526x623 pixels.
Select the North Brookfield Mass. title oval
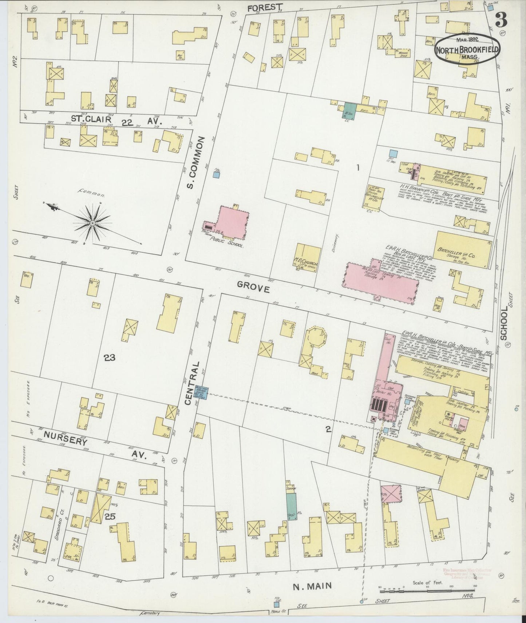click(x=467, y=49)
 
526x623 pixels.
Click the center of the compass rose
click(x=93, y=222)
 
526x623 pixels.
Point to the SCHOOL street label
click(x=504, y=323)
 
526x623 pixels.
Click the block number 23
click(x=109, y=358)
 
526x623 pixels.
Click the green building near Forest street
click(x=350, y=110)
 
